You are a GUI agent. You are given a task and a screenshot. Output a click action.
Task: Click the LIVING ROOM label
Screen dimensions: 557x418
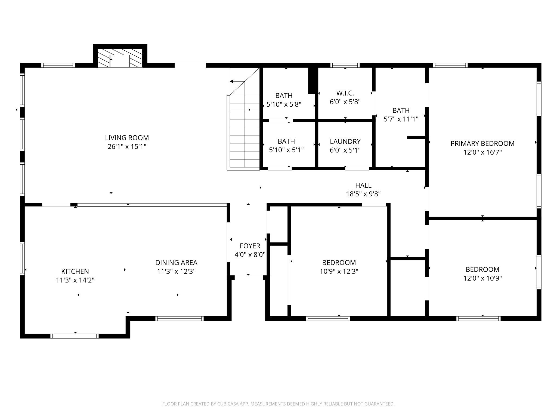127,138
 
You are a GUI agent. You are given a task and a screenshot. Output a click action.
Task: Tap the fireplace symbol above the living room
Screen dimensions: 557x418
120,58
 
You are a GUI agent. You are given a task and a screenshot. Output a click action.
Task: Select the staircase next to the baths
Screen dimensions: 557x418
243,119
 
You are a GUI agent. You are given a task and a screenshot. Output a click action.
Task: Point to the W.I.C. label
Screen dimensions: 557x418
345,93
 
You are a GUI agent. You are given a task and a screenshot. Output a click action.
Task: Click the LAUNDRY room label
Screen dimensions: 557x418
345,142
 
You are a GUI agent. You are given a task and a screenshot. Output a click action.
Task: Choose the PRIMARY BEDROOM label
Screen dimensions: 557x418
482,143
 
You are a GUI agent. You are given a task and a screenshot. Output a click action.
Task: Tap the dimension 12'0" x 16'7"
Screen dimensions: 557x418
482,152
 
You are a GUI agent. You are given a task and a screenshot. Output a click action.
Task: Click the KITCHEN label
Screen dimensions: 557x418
75,271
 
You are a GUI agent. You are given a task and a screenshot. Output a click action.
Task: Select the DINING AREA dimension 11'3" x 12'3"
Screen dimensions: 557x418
176,271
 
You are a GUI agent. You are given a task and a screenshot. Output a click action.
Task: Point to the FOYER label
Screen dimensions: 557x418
250,246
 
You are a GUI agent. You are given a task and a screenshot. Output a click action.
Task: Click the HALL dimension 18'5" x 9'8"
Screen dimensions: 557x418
363,194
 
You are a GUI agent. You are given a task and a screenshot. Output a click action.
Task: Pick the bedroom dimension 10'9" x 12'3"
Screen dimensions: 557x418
339,271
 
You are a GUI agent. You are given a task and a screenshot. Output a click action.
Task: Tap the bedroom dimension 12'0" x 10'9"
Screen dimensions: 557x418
482,278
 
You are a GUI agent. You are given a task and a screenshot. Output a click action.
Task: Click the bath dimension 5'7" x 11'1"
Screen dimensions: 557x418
401,119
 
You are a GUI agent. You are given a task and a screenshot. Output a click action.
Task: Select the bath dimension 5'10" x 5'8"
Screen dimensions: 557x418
284,104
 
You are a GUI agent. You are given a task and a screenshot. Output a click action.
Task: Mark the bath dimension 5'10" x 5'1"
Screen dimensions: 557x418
286,150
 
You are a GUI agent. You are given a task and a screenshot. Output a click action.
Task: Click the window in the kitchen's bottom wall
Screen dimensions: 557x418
75,336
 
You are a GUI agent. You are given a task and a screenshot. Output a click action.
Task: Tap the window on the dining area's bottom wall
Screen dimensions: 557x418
180,319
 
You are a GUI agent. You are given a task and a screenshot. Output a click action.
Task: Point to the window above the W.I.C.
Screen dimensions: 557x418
345,65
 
